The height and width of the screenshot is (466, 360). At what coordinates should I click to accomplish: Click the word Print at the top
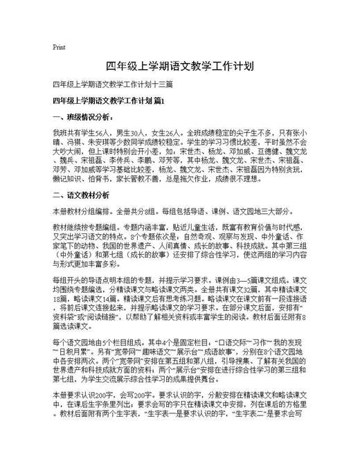(59, 48)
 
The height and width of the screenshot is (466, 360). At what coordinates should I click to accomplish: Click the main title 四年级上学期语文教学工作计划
(179, 66)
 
